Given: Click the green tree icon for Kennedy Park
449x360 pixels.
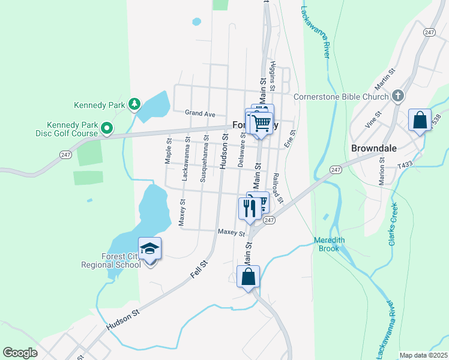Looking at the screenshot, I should [x=135, y=104].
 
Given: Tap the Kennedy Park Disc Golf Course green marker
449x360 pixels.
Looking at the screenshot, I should [x=107, y=128].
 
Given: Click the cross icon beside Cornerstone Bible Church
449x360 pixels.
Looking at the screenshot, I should [x=397, y=96].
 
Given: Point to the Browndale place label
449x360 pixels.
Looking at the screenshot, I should [x=372, y=148].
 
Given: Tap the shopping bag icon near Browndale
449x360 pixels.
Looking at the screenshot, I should [x=420, y=119].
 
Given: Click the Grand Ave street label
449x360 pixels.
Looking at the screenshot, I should [x=200, y=113].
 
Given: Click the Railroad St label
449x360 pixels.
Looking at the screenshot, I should [x=277, y=185].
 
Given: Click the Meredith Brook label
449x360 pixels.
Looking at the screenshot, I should [x=330, y=244].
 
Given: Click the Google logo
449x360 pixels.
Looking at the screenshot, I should [x=20, y=352].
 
